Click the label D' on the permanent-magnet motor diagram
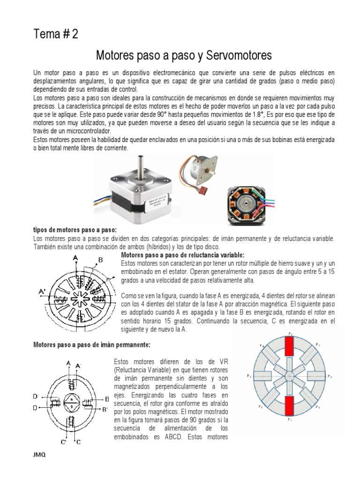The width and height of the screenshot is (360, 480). point(36,397)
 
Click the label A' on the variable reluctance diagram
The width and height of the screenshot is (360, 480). point(42,291)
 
